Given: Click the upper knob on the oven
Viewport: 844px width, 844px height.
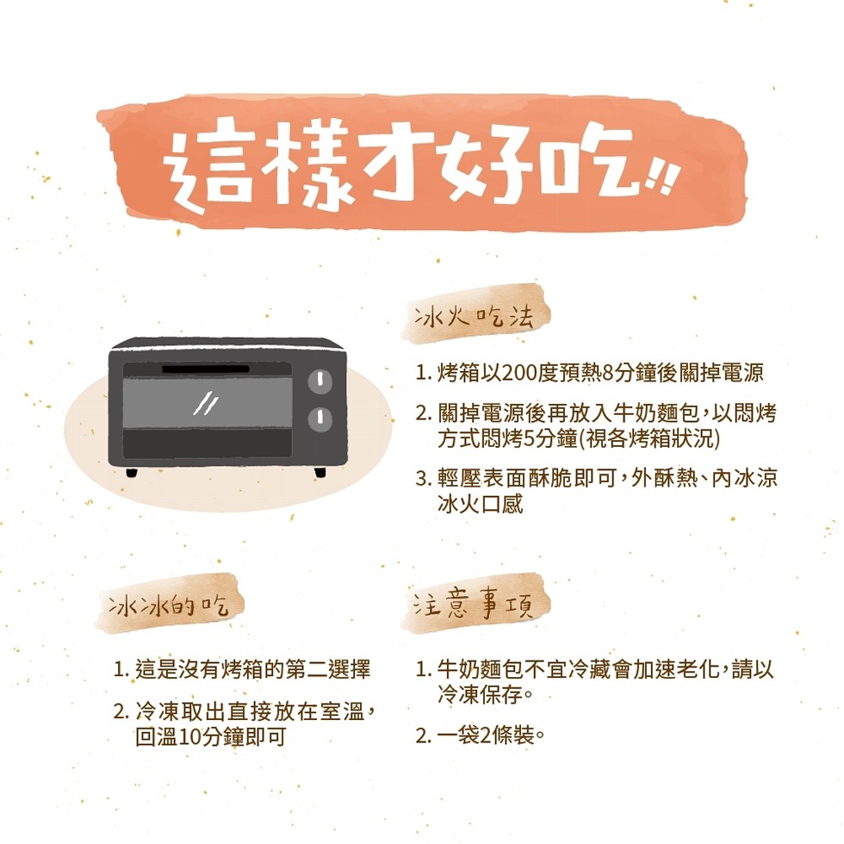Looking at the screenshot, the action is point(320,381).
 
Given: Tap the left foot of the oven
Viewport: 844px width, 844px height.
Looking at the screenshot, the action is point(131,472).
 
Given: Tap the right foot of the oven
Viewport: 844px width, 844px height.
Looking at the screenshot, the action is point(320,472).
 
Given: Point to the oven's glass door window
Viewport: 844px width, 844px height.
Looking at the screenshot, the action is point(208,403).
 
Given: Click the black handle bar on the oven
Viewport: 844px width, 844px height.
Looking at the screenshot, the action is point(206,369).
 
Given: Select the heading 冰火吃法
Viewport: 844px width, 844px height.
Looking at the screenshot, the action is point(474,317).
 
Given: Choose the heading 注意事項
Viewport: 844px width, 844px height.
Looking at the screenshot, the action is point(474,605).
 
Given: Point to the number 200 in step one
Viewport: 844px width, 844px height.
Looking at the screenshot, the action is point(522,372).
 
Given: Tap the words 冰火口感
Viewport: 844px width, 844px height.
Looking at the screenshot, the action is point(481,504).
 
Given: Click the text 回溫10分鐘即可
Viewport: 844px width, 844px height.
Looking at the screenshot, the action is point(210,736).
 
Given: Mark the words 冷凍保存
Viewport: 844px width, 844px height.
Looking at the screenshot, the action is point(481,694).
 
